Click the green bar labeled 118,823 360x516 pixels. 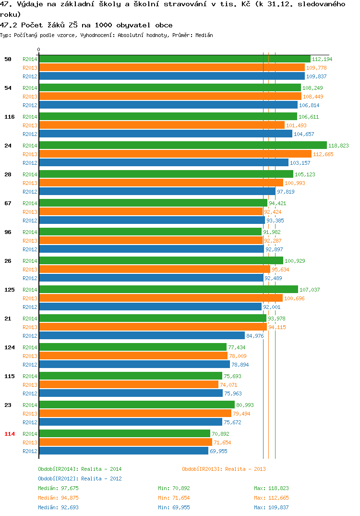[x=183, y=145]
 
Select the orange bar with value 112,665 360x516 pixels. [x=175, y=154]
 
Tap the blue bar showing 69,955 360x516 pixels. [x=124, y=451]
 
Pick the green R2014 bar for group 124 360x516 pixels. [x=133, y=347]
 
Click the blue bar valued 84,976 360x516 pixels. [x=142, y=335]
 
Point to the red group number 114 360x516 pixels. [x=10, y=434]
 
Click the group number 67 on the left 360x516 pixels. [x=8, y=203]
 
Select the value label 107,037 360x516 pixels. [x=310, y=290]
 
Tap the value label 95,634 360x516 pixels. [x=280, y=270]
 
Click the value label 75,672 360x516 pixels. [x=232, y=422]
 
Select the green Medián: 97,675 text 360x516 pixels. [x=58, y=488]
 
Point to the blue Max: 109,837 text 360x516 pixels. [x=271, y=507]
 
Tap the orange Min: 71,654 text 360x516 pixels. [x=174, y=498]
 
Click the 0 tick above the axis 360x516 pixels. [x=39, y=49]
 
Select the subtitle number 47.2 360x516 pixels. [x=9, y=25]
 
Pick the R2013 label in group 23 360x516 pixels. [x=30, y=413]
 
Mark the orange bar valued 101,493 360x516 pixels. [x=162, y=125]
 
